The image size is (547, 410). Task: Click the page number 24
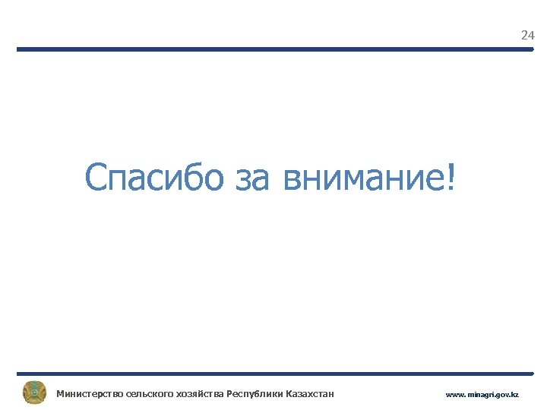(x=527, y=36)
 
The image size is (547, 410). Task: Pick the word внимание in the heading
(x=363, y=179)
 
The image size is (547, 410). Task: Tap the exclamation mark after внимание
(x=453, y=177)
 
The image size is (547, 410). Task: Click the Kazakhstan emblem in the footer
(x=34, y=393)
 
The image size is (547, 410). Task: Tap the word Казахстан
(x=307, y=393)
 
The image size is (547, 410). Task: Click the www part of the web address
(x=454, y=395)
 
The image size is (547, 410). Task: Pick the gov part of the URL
(x=503, y=395)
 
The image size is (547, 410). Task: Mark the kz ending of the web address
(x=515, y=395)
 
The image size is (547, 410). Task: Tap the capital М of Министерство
(x=60, y=393)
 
